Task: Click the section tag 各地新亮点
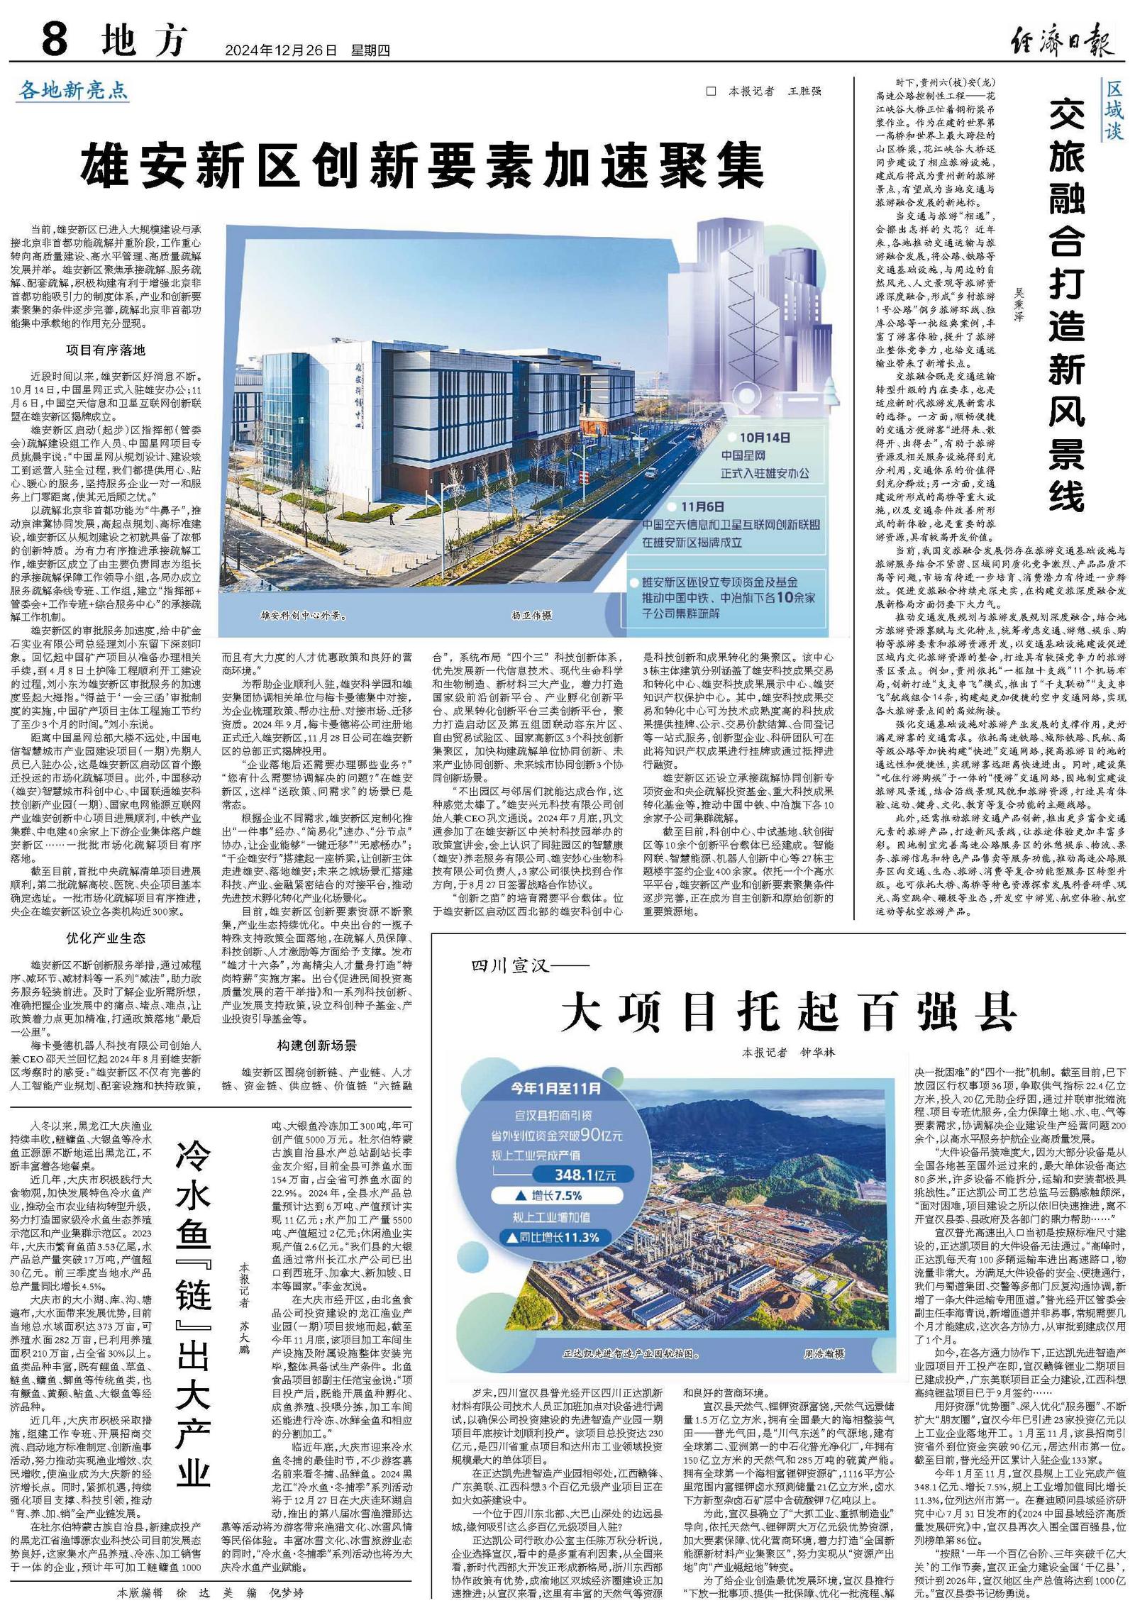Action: pos(74,90)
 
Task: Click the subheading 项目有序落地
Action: pos(106,350)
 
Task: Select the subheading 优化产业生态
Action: pos(106,938)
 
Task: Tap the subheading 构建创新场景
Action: pos(316,1045)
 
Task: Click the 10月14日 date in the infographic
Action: pos(765,438)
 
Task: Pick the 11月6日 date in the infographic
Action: pos(703,507)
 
